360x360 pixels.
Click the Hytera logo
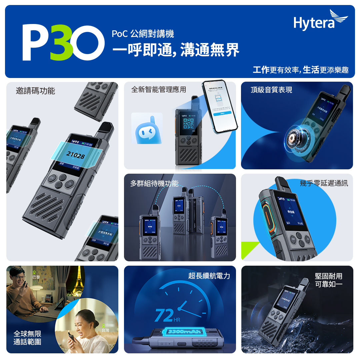pos(320,21)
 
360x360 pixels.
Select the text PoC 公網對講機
pos(143,34)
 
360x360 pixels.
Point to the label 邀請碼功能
pos(36,91)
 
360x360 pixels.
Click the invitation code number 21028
pos(75,155)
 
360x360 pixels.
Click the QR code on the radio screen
pos(188,124)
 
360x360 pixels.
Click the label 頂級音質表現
pos(271,90)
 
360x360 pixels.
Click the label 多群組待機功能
pos(154,183)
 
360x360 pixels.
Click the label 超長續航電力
pos(209,276)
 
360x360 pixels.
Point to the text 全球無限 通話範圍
pos(27,338)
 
